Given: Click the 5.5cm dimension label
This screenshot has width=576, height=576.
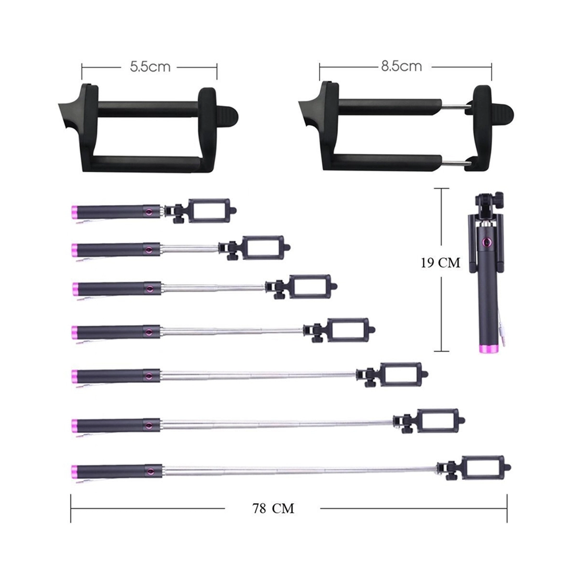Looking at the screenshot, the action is pos(150,67).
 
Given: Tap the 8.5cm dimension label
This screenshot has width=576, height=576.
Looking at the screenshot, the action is pos(401,66).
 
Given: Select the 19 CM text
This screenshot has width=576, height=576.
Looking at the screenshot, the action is pos(441,263).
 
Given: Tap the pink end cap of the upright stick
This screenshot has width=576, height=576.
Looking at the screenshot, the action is pos(488,349).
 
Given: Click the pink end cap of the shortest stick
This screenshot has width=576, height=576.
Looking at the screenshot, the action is pos(74,212).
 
